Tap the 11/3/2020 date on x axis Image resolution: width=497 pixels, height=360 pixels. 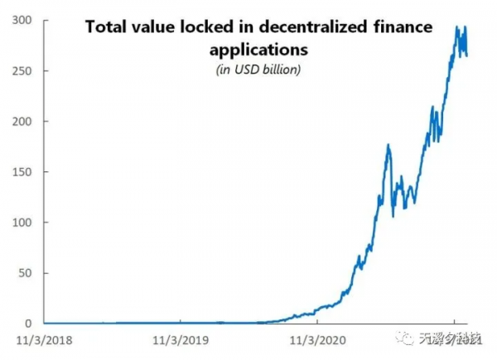318,339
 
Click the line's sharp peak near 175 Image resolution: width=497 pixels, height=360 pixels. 388,146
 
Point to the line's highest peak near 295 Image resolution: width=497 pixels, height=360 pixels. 457,26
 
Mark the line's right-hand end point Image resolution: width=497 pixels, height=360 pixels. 467,56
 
